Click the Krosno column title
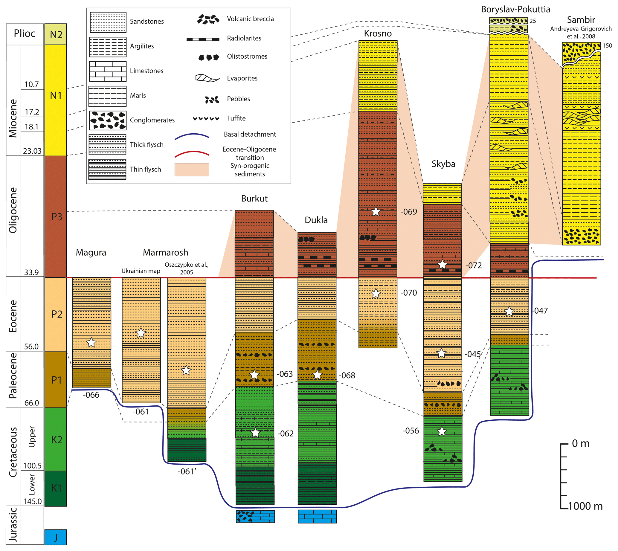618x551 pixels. (x=378, y=33)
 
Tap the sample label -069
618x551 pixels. (x=408, y=212)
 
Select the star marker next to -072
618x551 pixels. (x=442, y=264)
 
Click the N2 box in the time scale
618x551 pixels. (x=56, y=34)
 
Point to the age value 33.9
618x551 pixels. (x=31, y=272)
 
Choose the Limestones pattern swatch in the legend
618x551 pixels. (x=108, y=71)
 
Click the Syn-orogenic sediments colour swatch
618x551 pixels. (x=192, y=170)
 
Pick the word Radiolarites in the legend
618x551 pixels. (x=244, y=38)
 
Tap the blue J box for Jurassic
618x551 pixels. (x=56, y=537)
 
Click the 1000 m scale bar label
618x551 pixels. (x=585, y=506)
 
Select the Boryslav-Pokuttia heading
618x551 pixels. (x=515, y=9)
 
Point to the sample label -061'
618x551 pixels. (x=187, y=471)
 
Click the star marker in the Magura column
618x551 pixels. (x=91, y=342)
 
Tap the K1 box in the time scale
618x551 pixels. (x=56, y=488)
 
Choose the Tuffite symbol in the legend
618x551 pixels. (x=206, y=118)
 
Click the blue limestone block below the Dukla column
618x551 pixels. (x=317, y=517)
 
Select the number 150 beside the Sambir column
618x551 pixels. (x=607, y=45)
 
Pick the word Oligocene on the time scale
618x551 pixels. (x=13, y=210)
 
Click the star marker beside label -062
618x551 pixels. (x=256, y=433)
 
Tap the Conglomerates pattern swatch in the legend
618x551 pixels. (x=108, y=120)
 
